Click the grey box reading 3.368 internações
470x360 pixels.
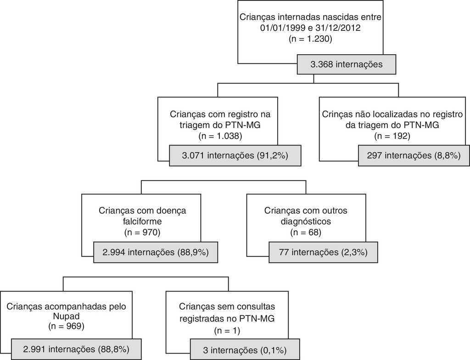[x=346, y=65]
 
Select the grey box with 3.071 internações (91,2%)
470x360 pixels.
[x=235, y=156]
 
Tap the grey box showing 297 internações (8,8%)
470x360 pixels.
[x=413, y=156]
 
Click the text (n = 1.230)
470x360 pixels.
[x=310, y=39]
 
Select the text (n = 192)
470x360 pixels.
[x=392, y=136]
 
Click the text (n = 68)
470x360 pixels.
[x=306, y=232]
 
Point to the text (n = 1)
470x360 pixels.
[x=227, y=330]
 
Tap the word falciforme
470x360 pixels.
[x=141, y=221]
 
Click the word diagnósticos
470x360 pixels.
[x=306, y=221]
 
